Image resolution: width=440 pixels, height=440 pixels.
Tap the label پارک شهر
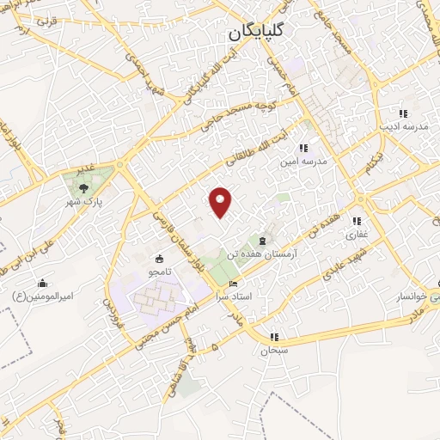click(84, 202)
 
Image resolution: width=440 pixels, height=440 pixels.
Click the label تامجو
click(157, 271)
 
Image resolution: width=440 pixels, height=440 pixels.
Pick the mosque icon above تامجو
click(158, 258)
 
